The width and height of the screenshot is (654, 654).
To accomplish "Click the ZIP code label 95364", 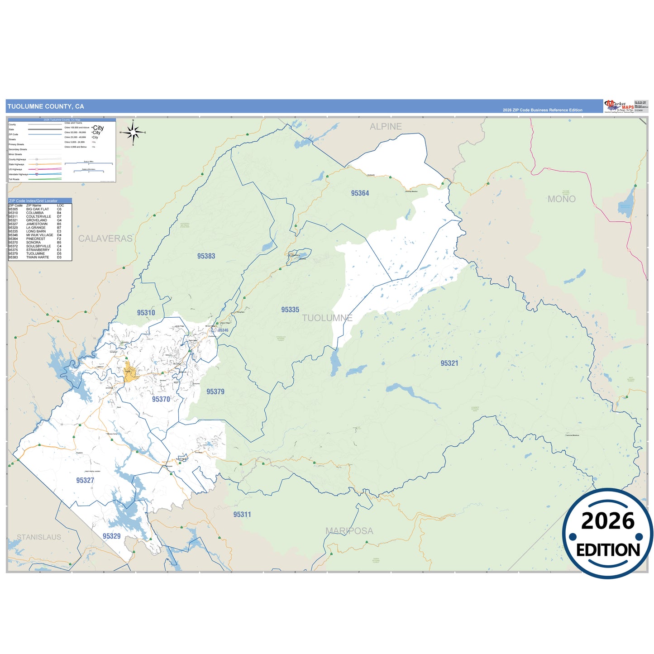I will (x=360, y=193).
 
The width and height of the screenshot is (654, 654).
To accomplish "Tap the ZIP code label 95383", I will (x=206, y=256).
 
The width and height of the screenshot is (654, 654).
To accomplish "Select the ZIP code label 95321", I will (x=449, y=363).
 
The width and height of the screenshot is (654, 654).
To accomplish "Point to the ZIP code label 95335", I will (x=290, y=310).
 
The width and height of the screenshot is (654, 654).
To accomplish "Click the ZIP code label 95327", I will (x=85, y=480).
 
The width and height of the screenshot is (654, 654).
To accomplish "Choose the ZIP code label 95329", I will (x=111, y=536).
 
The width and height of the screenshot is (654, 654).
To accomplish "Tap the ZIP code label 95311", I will (x=242, y=515).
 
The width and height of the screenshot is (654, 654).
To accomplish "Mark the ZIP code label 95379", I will (x=215, y=392).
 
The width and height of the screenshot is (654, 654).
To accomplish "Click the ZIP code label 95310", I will (x=146, y=313).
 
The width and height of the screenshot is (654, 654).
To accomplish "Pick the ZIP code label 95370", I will (x=161, y=399).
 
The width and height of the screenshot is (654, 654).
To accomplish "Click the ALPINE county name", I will (x=386, y=127).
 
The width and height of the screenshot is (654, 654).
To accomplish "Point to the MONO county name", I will (x=561, y=199).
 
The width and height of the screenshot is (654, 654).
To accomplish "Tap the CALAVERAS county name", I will (x=105, y=239).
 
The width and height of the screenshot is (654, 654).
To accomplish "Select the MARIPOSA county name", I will (x=349, y=531).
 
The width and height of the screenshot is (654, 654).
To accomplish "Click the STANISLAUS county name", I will (x=39, y=537).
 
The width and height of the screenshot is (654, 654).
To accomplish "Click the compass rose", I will (x=133, y=133).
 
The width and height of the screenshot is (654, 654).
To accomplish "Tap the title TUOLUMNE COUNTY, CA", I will (x=46, y=106).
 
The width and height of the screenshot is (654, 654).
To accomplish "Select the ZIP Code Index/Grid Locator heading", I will (x=33, y=200).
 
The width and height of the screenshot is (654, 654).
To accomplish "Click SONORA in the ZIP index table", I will (x=33, y=243).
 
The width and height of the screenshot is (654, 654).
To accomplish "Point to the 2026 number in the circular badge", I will (x=607, y=521).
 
